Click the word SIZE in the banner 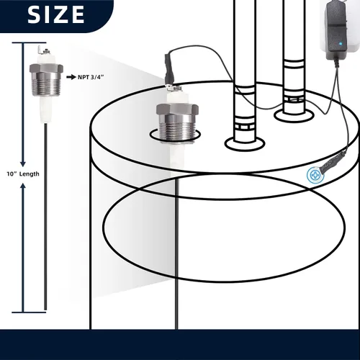pyautogui.click(x=56, y=14)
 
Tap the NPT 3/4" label pyautogui.click(x=91, y=77)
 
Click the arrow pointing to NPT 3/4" pyautogui.click(x=71, y=77)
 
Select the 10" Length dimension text pyautogui.click(x=23, y=174)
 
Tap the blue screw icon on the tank pyautogui.click(x=315, y=176)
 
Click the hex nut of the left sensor pyautogui.click(x=46, y=68)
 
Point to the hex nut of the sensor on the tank pyautogui.click(x=177, y=109)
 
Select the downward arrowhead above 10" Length pyautogui.click(x=23, y=163)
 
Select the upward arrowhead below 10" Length pyautogui.click(x=23, y=186)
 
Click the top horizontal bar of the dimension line pyautogui.click(x=29, y=42)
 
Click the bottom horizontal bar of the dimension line pyautogui.click(x=29, y=312)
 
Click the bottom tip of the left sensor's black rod pyautogui.click(x=45, y=310)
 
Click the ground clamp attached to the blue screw pyautogui.click(x=332, y=161)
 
